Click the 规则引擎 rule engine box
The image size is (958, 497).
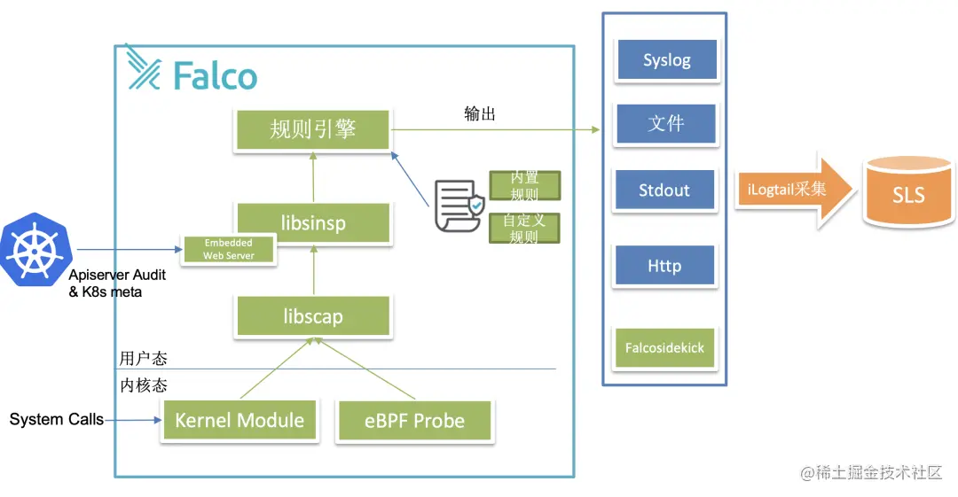tap(312, 129)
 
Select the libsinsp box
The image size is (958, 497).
tap(312, 223)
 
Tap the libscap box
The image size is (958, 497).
tap(312, 316)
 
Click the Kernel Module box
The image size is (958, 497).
tap(239, 421)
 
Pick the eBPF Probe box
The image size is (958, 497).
tap(414, 421)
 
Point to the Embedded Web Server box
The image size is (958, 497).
tap(228, 250)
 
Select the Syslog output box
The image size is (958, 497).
tap(666, 61)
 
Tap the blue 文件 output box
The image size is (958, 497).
tap(665, 124)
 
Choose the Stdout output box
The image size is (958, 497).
tap(664, 190)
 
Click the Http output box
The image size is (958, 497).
tap(664, 266)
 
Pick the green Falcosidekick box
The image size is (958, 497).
tap(664, 348)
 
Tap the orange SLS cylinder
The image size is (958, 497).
tap(908, 191)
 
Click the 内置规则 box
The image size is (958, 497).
tap(524, 185)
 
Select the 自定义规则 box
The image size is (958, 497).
tap(524, 228)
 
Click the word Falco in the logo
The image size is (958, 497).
tap(216, 76)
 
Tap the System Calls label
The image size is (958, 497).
tap(56, 419)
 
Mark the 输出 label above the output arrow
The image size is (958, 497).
tap(480, 114)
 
